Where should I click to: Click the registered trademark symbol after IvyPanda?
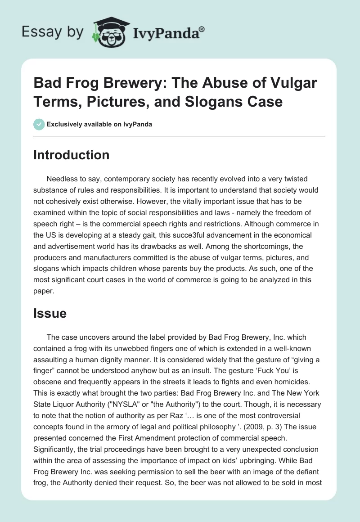point(202,29)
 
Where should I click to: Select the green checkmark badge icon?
point(39,124)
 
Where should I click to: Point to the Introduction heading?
point(71,155)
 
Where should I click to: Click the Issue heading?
point(49,314)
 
